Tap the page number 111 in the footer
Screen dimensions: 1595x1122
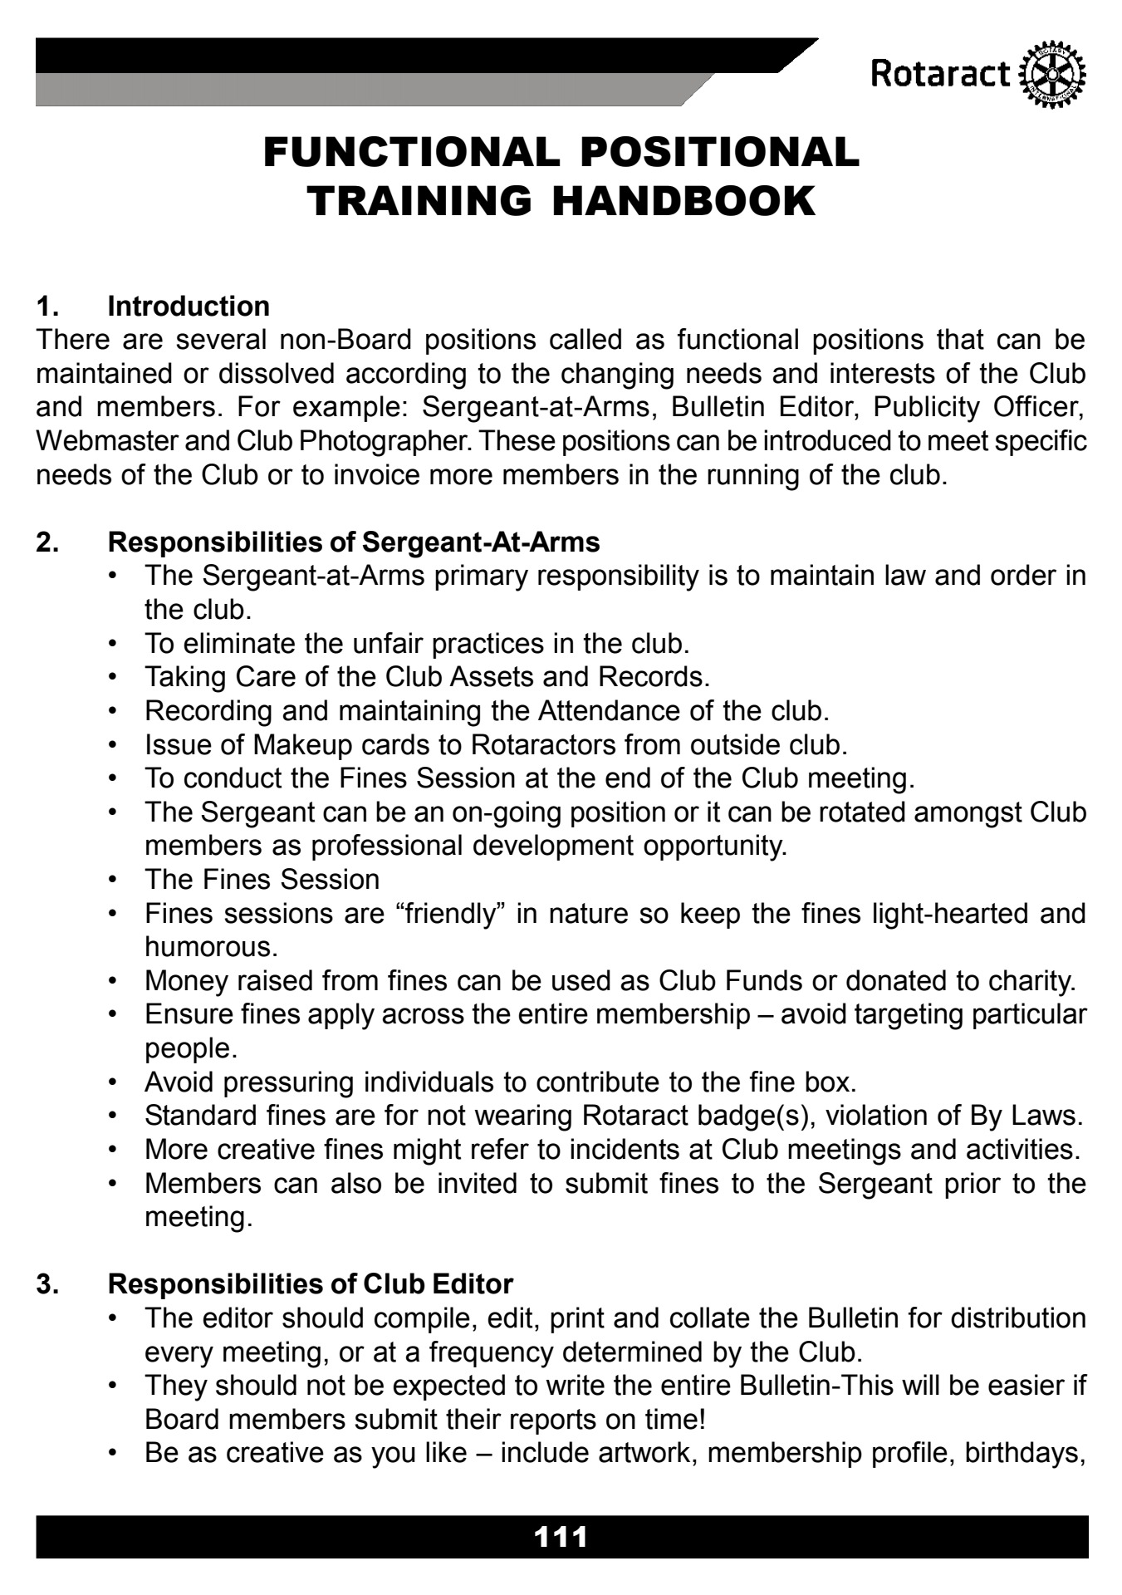pyautogui.click(x=561, y=1536)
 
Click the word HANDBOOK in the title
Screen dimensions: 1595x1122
pyautogui.click(x=684, y=202)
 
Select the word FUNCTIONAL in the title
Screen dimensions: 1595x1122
pyautogui.click(x=408, y=153)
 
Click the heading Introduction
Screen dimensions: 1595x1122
pyautogui.click(x=189, y=307)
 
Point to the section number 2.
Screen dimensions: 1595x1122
pyautogui.click(x=47, y=542)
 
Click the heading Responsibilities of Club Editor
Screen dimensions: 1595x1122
pyautogui.click(x=311, y=1284)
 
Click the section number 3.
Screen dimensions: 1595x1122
pyautogui.click(x=47, y=1284)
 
